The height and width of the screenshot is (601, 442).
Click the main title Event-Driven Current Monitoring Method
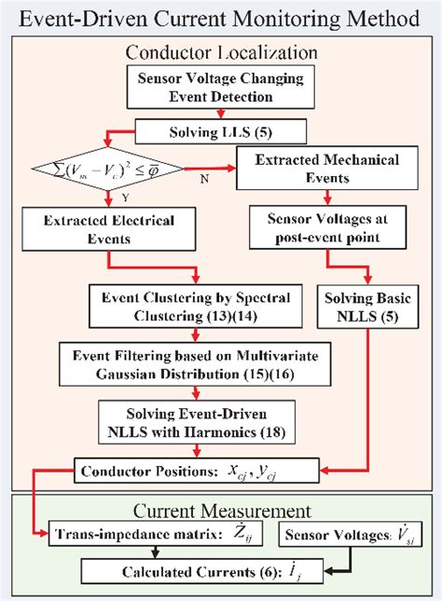tap(221, 18)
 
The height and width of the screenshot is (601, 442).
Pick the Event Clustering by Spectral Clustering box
tap(201, 307)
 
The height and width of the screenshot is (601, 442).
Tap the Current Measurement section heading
tap(221, 511)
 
